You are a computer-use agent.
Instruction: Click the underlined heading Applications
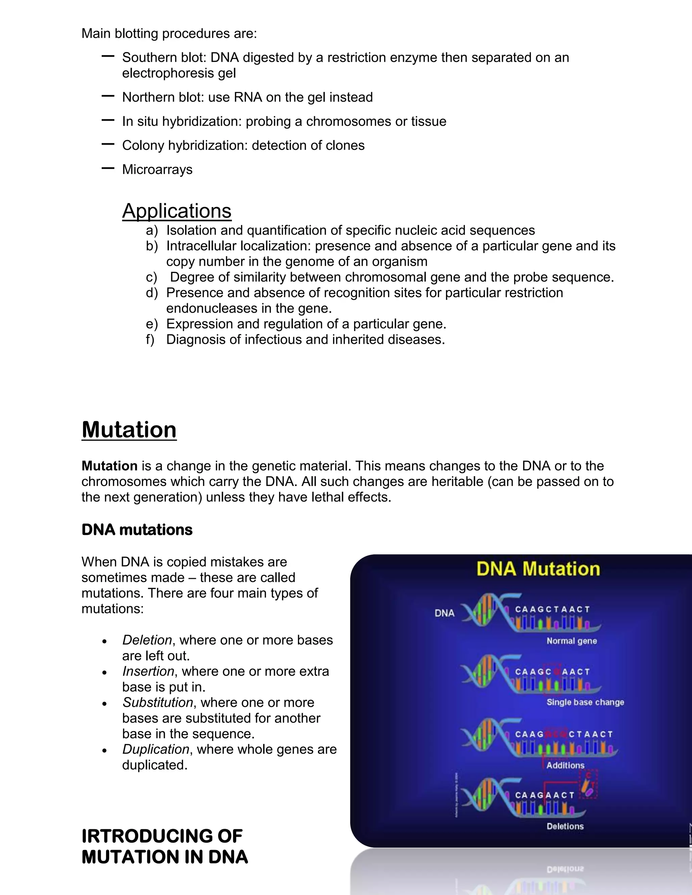tap(177, 211)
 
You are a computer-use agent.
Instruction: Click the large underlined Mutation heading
tap(129, 430)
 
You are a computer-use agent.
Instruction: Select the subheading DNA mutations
tap(137, 530)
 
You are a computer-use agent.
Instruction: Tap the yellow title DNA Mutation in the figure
tap(538, 569)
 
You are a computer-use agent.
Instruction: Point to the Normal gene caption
tap(571, 641)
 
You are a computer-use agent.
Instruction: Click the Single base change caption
tap(585, 702)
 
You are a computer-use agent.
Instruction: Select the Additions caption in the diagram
tap(565, 765)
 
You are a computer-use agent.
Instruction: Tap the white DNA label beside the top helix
tap(444, 613)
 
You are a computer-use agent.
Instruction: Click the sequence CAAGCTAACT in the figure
tap(552, 609)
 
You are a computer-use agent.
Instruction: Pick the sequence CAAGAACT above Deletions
tap(545, 795)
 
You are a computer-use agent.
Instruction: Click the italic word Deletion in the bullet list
tap(147, 640)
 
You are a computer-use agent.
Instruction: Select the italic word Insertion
tap(148, 671)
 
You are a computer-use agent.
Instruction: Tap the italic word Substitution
tap(158, 702)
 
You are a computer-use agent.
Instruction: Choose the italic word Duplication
tap(156, 749)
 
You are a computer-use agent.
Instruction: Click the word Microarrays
tap(157, 170)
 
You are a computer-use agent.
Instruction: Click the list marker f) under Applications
tap(150, 340)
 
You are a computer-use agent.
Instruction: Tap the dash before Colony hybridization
tap(108, 144)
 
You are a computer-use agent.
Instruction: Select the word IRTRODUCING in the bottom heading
tap(162, 836)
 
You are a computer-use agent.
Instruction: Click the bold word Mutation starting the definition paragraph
tap(109, 466)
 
